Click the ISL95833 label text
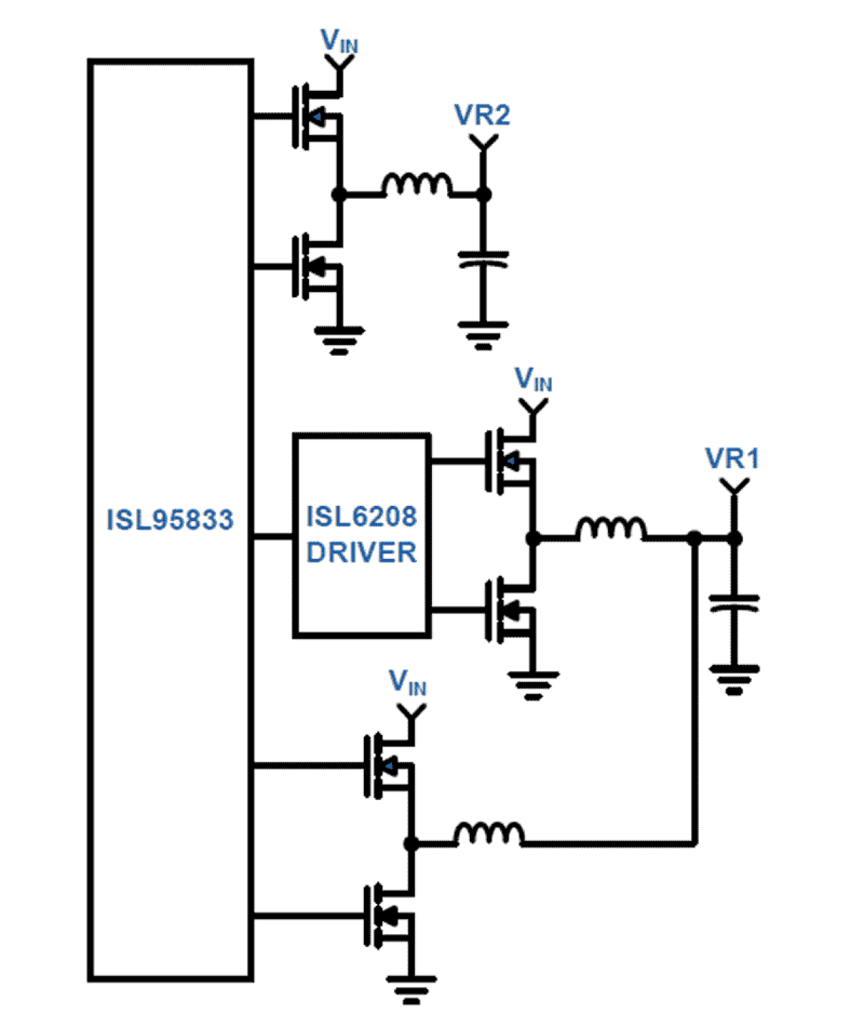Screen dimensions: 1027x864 [170, 520]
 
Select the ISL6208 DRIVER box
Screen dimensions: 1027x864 [362, 536]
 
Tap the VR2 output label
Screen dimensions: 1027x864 [482, 116]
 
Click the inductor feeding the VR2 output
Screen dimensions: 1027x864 [417, 186]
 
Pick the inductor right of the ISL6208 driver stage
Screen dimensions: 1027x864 [611, 529]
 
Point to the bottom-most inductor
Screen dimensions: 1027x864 [488, 834]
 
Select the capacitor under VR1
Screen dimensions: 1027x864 [734, 604]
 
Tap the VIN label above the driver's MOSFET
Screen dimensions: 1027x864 [533, 380]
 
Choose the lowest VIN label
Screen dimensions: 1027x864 [407, 683]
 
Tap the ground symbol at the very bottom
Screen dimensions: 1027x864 [411, 988]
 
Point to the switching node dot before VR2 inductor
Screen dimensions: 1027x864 [338, 195]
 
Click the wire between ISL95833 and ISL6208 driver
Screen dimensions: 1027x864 [273, 536]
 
